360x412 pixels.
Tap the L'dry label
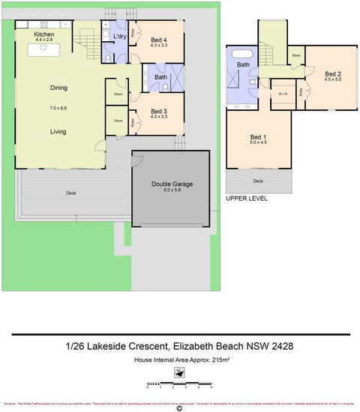(119, 37)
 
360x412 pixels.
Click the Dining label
(59, 88)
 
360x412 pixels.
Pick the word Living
(59, 132)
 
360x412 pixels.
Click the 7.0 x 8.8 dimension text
(59, 109)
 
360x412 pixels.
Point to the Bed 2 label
(333, 73)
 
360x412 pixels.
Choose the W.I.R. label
(283, 94)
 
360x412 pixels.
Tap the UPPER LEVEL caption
(247, 199)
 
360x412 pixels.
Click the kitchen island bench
(43, 51)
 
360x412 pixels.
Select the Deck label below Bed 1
(258, 181)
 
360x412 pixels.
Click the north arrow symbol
(180, 372)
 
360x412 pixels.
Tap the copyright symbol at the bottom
(179, 408)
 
